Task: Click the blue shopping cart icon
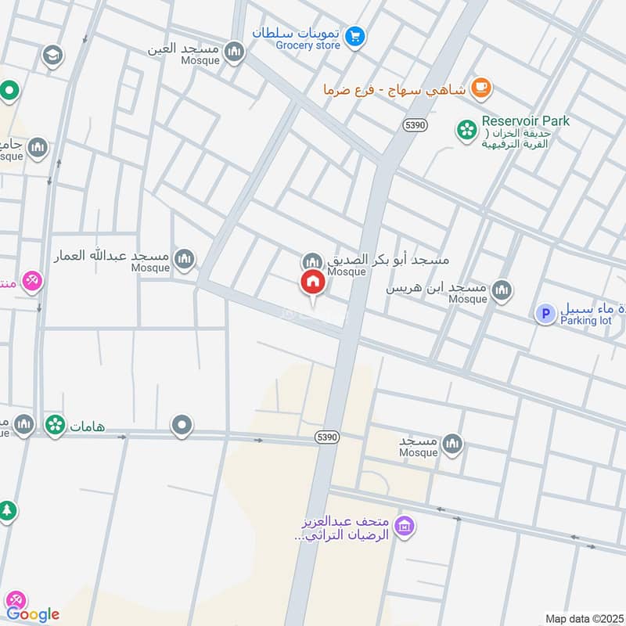[x=356, y=36]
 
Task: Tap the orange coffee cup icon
[x=481, y=88]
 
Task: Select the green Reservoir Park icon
[x=467, y=130]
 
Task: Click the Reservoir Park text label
[x=525, y=121]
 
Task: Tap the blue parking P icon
[x=545, y=314]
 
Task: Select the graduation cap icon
[x=53, y=56]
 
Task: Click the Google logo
[x=33, y=614]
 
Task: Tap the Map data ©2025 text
[x=583, y=619]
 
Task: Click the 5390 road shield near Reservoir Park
[x=416, y=124]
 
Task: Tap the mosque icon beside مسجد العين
[x=233, y=52]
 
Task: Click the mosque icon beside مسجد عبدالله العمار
[x=185, y=259]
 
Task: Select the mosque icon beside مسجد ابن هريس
[x=502, y=292]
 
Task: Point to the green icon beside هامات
[x=55, y=425]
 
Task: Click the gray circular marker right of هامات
[x=182, y=426]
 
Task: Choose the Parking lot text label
[x=585, y=320]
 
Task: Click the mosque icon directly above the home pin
[x=313, y=261]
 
